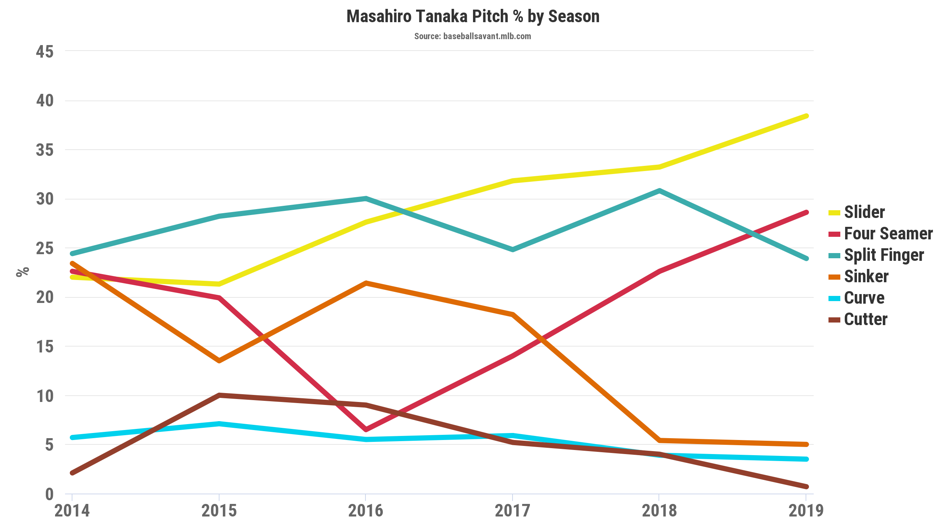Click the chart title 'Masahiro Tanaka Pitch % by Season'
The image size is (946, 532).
(473, 17)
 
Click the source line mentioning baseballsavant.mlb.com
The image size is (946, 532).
(472, 36)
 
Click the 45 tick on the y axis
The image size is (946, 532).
(45, 52)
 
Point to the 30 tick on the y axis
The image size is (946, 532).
(45, 199)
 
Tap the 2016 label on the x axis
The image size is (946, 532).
(365, 511)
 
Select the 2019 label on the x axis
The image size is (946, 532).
(806, 511)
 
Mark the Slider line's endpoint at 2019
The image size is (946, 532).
(806, 116)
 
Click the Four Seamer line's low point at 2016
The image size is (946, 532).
(365, 429)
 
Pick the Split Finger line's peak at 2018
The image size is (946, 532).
(660, 191)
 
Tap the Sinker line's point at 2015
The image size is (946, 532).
(219, 361)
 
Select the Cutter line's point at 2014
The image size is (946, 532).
(72, 473)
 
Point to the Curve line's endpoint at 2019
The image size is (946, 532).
(806, 459)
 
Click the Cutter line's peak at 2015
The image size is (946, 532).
(219, 395)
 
